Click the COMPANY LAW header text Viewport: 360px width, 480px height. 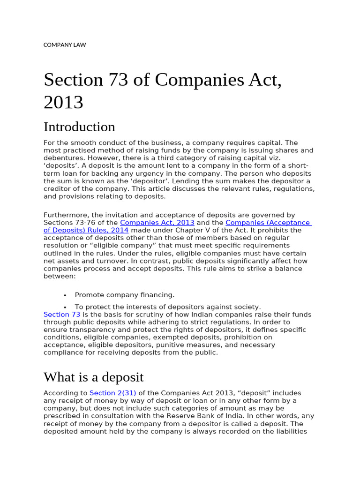pyautogui.click(x=65, y=45)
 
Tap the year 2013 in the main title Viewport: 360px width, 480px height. pyautogui.click(x=63, y=102)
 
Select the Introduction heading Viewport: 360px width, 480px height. pyautogui.click(x=79, y=127)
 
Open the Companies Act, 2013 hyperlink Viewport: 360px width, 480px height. pyautogui.click(x=157, y=223)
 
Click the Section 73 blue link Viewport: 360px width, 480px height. pyautogui.click(x=62, y=315)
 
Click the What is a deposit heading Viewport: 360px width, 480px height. pyautogui.click(x=94, y=377)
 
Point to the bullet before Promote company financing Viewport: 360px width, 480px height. pyautogui.click(x=65, y=295)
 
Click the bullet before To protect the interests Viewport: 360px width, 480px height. pyautogui.click(x=65, y=307)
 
